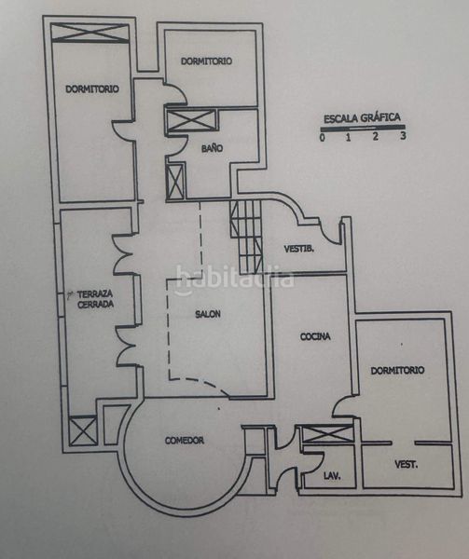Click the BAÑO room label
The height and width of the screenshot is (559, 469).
212,148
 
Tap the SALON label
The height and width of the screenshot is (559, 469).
208,314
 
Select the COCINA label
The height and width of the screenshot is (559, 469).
315,336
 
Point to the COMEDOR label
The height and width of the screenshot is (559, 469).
185,441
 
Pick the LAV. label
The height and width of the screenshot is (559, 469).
332,475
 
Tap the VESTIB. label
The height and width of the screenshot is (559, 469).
299,249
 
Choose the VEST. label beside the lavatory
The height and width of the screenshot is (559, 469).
407,465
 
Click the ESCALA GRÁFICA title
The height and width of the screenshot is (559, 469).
362,118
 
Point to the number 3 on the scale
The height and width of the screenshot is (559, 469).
403,135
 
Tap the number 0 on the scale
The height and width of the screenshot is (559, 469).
323,138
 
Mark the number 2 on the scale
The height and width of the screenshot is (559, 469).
375,136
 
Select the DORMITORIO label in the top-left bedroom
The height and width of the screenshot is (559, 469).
92,89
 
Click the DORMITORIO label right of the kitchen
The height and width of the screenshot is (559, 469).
397,371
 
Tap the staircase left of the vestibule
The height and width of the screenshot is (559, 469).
246,237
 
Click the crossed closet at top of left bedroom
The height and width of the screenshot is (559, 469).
90,33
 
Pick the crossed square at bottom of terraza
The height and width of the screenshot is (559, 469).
83,431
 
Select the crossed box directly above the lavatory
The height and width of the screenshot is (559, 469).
328,434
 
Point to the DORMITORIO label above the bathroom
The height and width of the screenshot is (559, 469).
206,61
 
